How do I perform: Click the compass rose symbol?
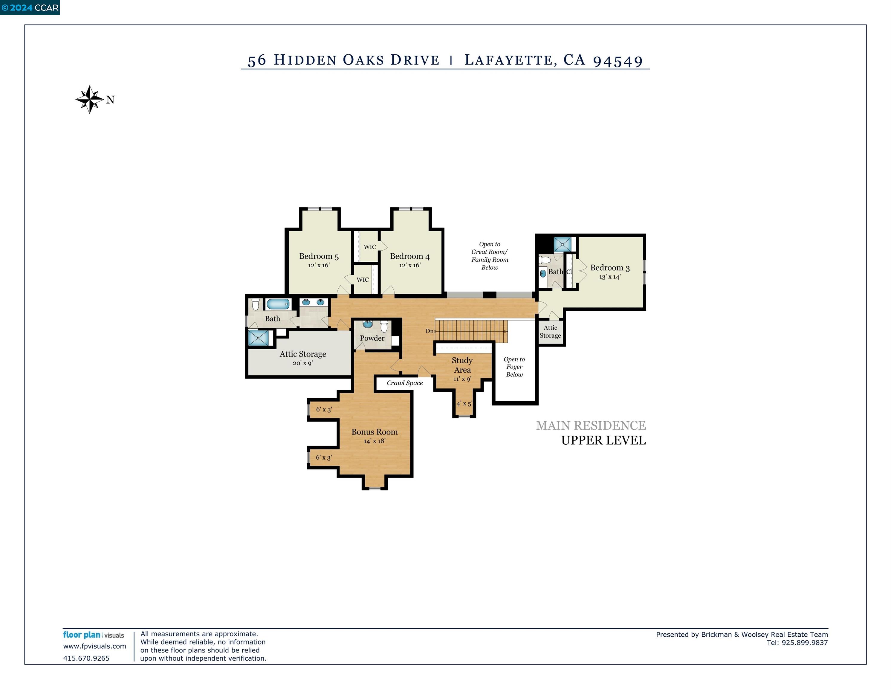89,99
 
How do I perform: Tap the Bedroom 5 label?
319,256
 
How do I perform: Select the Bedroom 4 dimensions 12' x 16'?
409,265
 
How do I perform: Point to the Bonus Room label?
374,432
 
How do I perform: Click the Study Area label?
462,365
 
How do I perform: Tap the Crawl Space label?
404,383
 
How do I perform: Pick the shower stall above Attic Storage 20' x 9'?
259,338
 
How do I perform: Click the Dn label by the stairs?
429,331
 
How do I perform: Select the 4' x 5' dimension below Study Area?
464,404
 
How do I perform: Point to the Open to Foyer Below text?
514,367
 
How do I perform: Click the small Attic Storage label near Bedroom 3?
550,331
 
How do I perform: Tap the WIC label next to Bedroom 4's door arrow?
370,247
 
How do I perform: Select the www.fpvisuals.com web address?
94,646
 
